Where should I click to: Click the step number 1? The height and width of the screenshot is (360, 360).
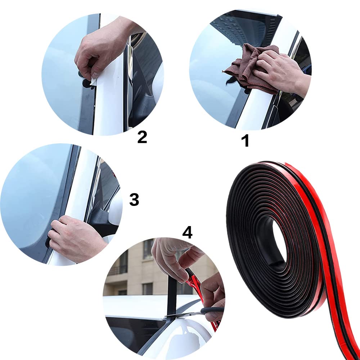(x=246, y=141)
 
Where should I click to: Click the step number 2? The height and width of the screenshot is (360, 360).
(x=142, y=137)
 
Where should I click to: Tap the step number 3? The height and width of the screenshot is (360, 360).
(x=134, y=199)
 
